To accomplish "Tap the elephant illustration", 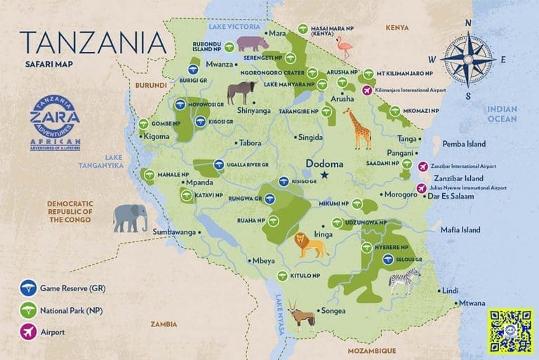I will point(131,218).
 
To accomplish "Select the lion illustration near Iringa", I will point(310,244).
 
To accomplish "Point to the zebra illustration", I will point(405,280).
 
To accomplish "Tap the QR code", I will point(511,330).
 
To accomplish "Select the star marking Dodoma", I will point(324,175).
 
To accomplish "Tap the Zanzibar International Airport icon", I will point(422,166).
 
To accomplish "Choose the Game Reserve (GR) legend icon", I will point(28,286).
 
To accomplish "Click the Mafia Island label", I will point(460,229).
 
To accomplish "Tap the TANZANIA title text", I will point(93,43).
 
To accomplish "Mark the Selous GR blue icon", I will point(387,259).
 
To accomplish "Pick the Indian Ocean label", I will point(503,114).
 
